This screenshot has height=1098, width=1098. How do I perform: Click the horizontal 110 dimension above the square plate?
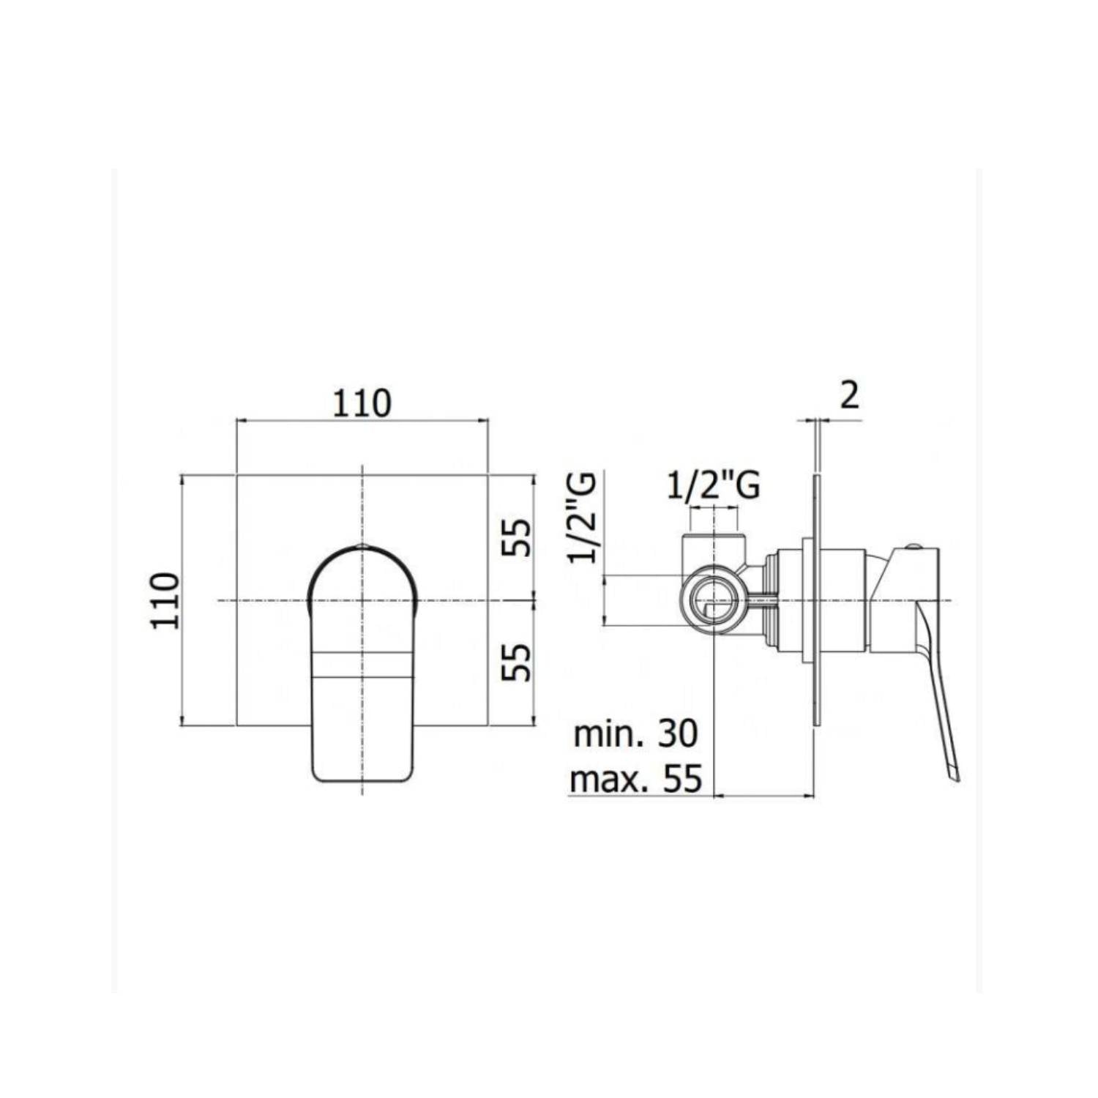[362, 403]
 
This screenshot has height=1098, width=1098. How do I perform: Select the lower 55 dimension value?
[518, 662]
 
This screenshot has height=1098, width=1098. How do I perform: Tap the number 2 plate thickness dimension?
[849, 396]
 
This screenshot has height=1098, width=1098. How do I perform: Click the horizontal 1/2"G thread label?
[713, 485]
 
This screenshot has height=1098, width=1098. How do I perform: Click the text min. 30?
[635, 734]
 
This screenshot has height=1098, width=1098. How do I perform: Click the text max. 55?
[635, 780]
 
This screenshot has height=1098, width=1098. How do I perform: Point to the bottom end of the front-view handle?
[362, 776]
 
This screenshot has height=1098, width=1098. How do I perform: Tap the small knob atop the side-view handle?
[912, 546]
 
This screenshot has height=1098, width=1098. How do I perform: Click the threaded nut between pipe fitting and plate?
[769, 600]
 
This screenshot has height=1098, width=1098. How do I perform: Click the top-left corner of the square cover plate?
[236, 475]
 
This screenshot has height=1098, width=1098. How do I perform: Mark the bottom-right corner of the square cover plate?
[488, 725]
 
